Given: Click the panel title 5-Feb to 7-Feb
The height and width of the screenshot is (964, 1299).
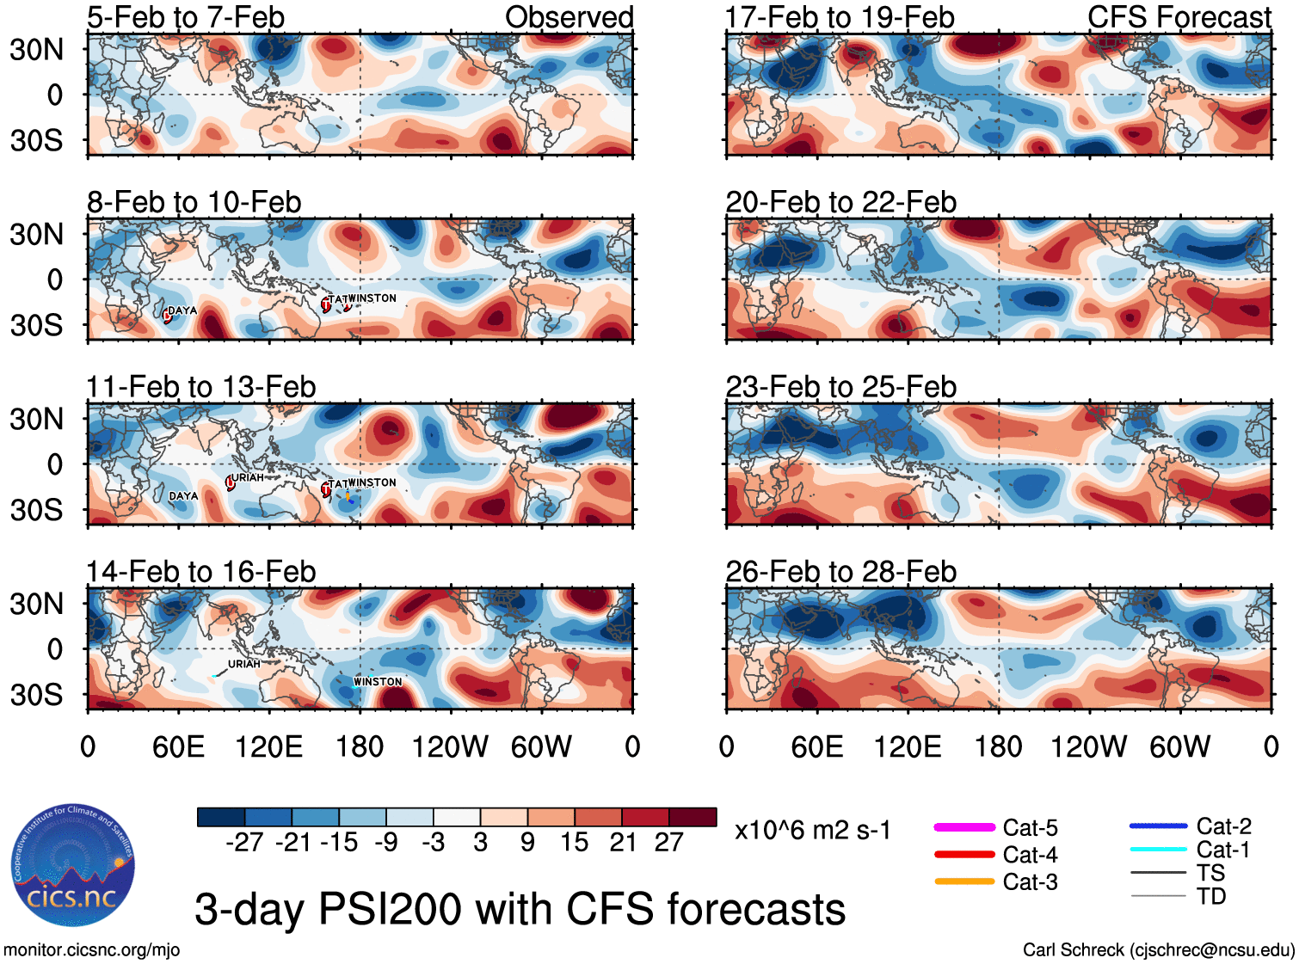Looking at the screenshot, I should [185, 17].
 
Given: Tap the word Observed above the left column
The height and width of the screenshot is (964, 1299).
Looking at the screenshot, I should [569, 17].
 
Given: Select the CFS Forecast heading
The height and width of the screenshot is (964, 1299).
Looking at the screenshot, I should [1179, 17].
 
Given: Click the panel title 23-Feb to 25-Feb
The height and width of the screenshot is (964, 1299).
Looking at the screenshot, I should [840, 387].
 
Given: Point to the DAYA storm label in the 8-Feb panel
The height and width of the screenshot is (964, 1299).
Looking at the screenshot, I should [182, 310].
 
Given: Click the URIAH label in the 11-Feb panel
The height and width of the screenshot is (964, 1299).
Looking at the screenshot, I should [248, 477].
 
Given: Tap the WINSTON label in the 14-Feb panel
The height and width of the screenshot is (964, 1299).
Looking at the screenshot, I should [378, 682].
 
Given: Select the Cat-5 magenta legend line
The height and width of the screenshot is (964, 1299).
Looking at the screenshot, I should [964, 827].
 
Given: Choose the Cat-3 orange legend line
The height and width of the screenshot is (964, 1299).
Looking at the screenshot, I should [964, 881].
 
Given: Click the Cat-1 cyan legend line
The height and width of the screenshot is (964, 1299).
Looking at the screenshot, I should [1158, 850].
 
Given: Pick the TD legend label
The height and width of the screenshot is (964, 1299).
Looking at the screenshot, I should [1211, 896].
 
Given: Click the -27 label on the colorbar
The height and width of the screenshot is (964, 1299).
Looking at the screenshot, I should [244, 843].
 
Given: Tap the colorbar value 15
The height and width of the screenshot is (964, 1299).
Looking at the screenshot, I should [574, 843].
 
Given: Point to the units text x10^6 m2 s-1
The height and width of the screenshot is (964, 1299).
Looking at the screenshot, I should [812, 831].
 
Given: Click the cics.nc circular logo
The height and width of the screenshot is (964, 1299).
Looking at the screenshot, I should [73, 866].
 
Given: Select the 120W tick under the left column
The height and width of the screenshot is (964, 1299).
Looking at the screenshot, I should [450, 746].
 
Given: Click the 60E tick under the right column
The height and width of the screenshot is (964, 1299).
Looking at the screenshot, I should [816, 746].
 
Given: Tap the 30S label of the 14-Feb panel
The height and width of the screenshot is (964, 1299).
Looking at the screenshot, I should [36, 695].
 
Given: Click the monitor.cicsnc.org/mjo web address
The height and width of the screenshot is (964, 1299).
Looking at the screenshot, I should [92, 950].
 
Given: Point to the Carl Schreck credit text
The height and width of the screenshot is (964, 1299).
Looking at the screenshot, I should [1158, 950].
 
